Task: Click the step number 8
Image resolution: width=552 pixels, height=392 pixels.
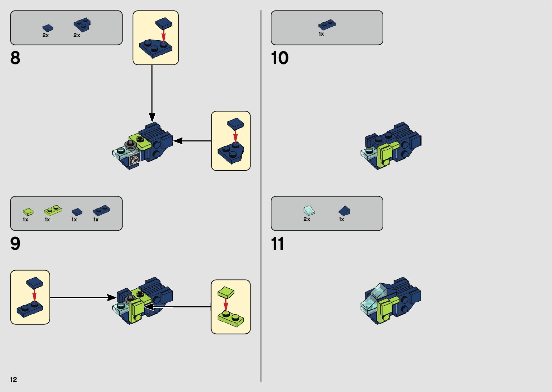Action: tap(15, 58)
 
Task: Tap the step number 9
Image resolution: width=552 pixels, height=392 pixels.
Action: tap(15, 244)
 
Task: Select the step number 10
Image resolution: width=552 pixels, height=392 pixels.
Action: tap(279, 58)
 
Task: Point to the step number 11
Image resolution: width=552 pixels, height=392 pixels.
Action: tap(277, 244)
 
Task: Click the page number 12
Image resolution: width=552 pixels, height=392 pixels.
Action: tap(13, 379)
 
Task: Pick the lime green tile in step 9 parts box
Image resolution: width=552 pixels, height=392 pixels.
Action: tap(28, 212)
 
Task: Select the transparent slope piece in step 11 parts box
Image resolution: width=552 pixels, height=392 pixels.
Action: tap(309, 210)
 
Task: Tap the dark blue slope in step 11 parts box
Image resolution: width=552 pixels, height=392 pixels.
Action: tap(344, 210)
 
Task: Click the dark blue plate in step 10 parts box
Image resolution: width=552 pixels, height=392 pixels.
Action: tap(327, 25)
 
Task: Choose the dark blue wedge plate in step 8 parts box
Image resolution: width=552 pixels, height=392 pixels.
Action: tap(82, 25)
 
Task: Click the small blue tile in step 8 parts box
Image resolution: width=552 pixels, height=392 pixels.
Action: tap(48, 28)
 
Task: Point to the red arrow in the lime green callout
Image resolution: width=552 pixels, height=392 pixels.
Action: tap(226, 305)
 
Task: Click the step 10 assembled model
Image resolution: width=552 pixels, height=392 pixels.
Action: tap(391, 145)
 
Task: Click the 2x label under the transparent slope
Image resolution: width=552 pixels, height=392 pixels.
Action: tap(307, 219)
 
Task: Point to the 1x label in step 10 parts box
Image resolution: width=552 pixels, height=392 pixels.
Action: tap(321, 34)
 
